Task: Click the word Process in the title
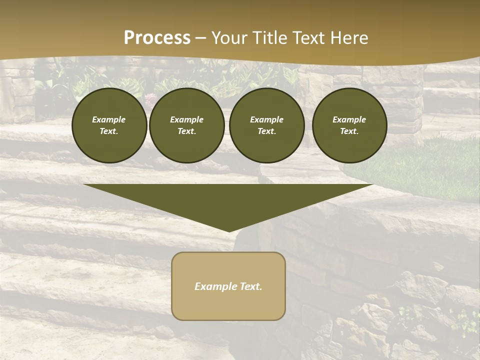pyautogui.click(x=157, y=38)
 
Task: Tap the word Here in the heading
pyautogui.click(x=348, y=38)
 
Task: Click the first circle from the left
pyautogui.click(x=109, y=125)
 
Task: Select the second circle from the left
pyautogui.click(x=186, y=125)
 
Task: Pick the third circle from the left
pyautogui.click(x=266, y=125)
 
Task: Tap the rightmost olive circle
pyautogui.click(x=349, y=125)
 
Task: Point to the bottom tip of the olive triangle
pyautogui.click(x=229, y=231)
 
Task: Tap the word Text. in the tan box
pyautogui.click(x=251, y=286)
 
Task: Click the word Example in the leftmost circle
pyautogui.click(x=109, y=119)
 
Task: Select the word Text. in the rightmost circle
pyautogui.click(x=349, y=131)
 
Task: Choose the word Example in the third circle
pyautogui.click(x=266, y=119)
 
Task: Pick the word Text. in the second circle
pyautogui.click(x=186, y=131)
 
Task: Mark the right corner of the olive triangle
pyautogui.click(x=372, y=185)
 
